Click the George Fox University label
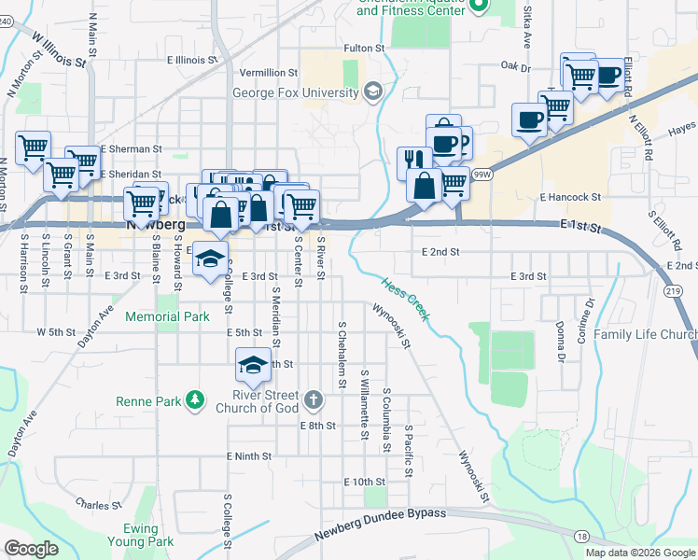(x=296, y=92)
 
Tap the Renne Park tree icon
(x=195, y=400)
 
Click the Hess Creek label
(x=405, y=300)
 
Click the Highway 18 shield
(x=582, y=536)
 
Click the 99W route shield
(x=482, y=175)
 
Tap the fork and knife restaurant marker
(x=412, y=161)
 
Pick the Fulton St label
(x=364, y=48)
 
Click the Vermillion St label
(x=268, y=72)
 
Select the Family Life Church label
(x=646, y=334)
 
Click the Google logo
(x=32, y=549)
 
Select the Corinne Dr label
(x=586, y=319)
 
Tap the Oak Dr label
(x=514, y=67)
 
